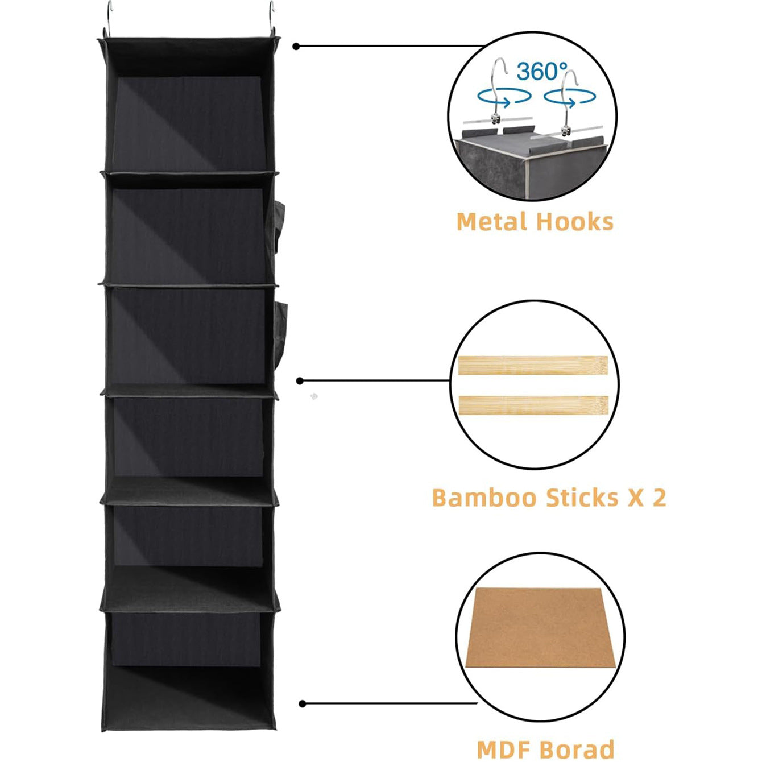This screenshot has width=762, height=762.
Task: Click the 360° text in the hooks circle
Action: (542, 72)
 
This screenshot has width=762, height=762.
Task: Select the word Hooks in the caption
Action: (575, 221)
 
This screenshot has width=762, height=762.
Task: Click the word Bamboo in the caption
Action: (485, 498)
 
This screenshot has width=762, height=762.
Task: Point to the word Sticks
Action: (582, 498)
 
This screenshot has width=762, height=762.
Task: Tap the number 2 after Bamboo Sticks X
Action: (659, 498)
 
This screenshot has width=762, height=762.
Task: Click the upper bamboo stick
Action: (533, 365)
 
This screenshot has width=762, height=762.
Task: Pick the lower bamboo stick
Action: (533, 405)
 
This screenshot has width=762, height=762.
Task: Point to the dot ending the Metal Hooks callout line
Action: (296, 47)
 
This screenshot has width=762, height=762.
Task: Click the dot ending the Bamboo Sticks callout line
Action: (300, 381)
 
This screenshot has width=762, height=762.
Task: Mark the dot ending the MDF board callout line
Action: (303, 704)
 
